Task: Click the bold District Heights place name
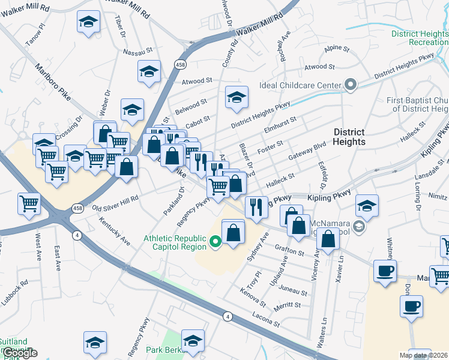tap(349, 137)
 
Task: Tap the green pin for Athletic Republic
tap(217, 242)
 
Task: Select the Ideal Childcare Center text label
tap(300, 85)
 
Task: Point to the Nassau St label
tap(139, 52)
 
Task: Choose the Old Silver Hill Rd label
tap(115, 203)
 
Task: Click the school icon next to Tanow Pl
tap(88, 22)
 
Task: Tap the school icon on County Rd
tap(237, 96)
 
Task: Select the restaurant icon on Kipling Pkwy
tap(256, 206)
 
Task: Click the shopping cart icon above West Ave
tap(28, 203)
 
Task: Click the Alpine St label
tap(336, 48)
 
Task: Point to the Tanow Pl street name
tap(35, 36)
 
